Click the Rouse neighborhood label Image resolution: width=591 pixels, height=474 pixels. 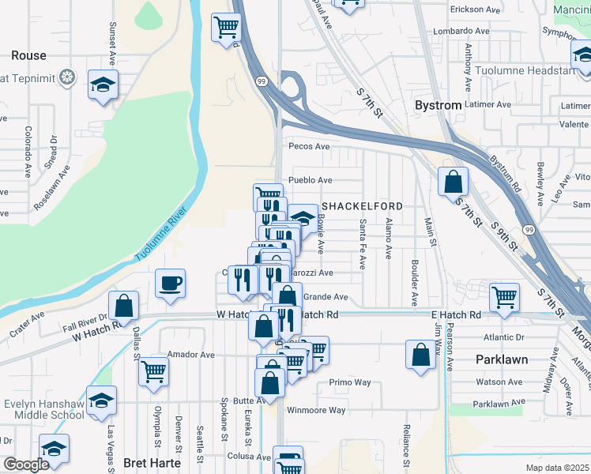(x=28, y=56)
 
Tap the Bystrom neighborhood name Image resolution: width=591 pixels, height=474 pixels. (x=438, y=106)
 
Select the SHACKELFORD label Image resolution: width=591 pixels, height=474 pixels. (x=361, y=206)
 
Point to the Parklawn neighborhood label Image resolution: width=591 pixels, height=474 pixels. (x=502, y=359)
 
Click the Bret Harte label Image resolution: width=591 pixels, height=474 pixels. (x=152, y=463)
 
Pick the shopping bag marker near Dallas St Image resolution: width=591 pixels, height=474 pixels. (x=124, y=305)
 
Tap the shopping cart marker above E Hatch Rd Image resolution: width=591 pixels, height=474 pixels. (x=504, y=298)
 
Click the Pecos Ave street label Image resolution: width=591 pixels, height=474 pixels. (x=309, y=147)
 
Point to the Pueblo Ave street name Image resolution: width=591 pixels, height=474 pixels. (x=311, y=180)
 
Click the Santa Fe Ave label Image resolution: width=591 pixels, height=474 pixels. (x=362, y=244)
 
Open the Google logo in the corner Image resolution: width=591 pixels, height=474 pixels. (x=27, y=465)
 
